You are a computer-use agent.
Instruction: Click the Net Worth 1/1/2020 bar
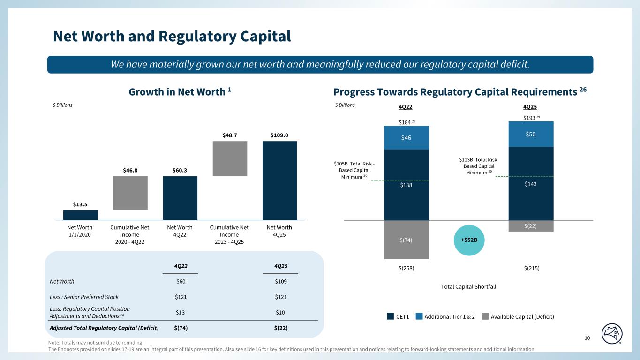click(80, 215)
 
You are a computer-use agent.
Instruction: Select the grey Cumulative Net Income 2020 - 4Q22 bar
click(130, 193)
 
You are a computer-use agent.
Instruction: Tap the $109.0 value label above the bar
click(279, 135)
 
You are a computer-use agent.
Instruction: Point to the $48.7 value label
click(230, 135)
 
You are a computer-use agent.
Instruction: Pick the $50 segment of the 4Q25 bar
click(531, 134)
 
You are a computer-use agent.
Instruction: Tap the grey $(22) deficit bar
click(531, 225)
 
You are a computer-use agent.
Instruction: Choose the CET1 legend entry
click(398, 316)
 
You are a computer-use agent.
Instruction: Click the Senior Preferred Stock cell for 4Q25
click(280, 297)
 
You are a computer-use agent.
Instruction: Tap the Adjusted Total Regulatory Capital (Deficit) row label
click(104, 327)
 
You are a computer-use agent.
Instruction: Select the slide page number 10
click(587, 338)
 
